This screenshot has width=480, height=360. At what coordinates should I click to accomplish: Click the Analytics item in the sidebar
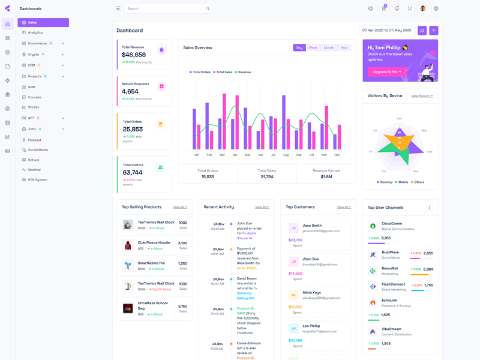click(x=35, y=32)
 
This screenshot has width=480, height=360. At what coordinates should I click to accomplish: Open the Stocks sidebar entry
click(x=34, y=107)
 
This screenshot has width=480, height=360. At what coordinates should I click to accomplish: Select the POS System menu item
click(x=37, y=179)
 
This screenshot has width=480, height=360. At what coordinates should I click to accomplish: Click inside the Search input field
click(x=165, y=8)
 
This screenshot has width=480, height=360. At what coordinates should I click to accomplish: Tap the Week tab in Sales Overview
click(x=313, y=47)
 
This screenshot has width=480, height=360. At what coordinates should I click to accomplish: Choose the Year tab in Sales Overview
click(x=344, y=47)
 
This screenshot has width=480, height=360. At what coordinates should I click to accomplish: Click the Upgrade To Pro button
click(x=387, y=71)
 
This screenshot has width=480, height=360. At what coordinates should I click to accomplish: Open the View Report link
click(x=422, y=96)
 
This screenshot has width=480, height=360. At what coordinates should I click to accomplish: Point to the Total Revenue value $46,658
click(x=134, y=55)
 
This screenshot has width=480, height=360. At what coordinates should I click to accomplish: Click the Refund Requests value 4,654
click(x=130, y=92)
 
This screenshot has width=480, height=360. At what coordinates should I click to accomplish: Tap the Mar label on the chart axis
click(x=222, y=155)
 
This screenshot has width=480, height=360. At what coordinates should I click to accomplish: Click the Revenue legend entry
click(x=244, y=72)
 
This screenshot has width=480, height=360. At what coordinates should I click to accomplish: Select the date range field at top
click(x=386, y=30)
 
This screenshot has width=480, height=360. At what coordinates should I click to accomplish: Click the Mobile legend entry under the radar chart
click(x=403, y=182)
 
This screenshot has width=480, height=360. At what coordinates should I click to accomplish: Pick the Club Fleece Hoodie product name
click(x=154, y=242)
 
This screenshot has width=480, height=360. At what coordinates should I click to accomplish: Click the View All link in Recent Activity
click(x=262, y=207)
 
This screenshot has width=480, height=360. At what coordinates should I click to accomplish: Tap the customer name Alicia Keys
click(x=311, y=292)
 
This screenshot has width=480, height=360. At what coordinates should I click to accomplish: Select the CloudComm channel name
click(x=392, y=223)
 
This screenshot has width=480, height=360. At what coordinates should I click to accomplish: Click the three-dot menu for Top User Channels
click(x=429, y=208)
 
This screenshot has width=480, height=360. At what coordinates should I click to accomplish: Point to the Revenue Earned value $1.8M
click(x=326, y=177)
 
